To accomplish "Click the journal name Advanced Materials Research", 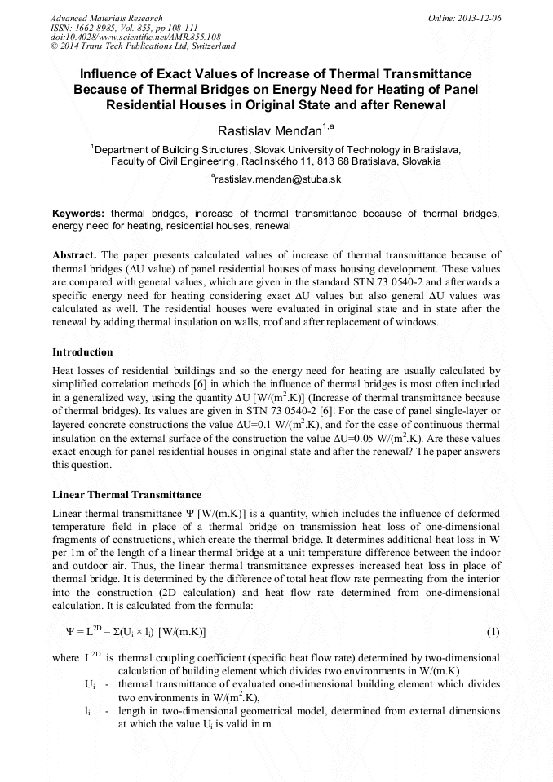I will (x=106, y=18).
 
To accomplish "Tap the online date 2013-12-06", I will (x=481, y=18).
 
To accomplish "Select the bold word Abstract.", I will (x=74, y=254).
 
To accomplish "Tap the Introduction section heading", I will (x=82, y=351).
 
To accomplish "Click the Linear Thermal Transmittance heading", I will (x=126, y=494).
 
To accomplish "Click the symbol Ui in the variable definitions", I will (x=90, y=685).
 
